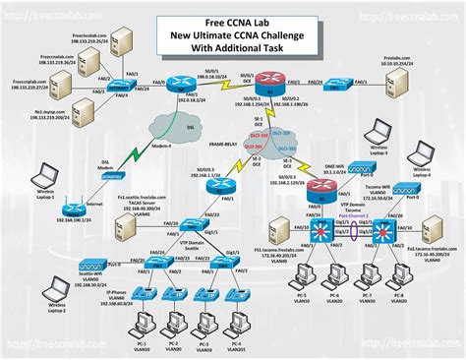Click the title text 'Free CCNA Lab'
click(233, 11)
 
